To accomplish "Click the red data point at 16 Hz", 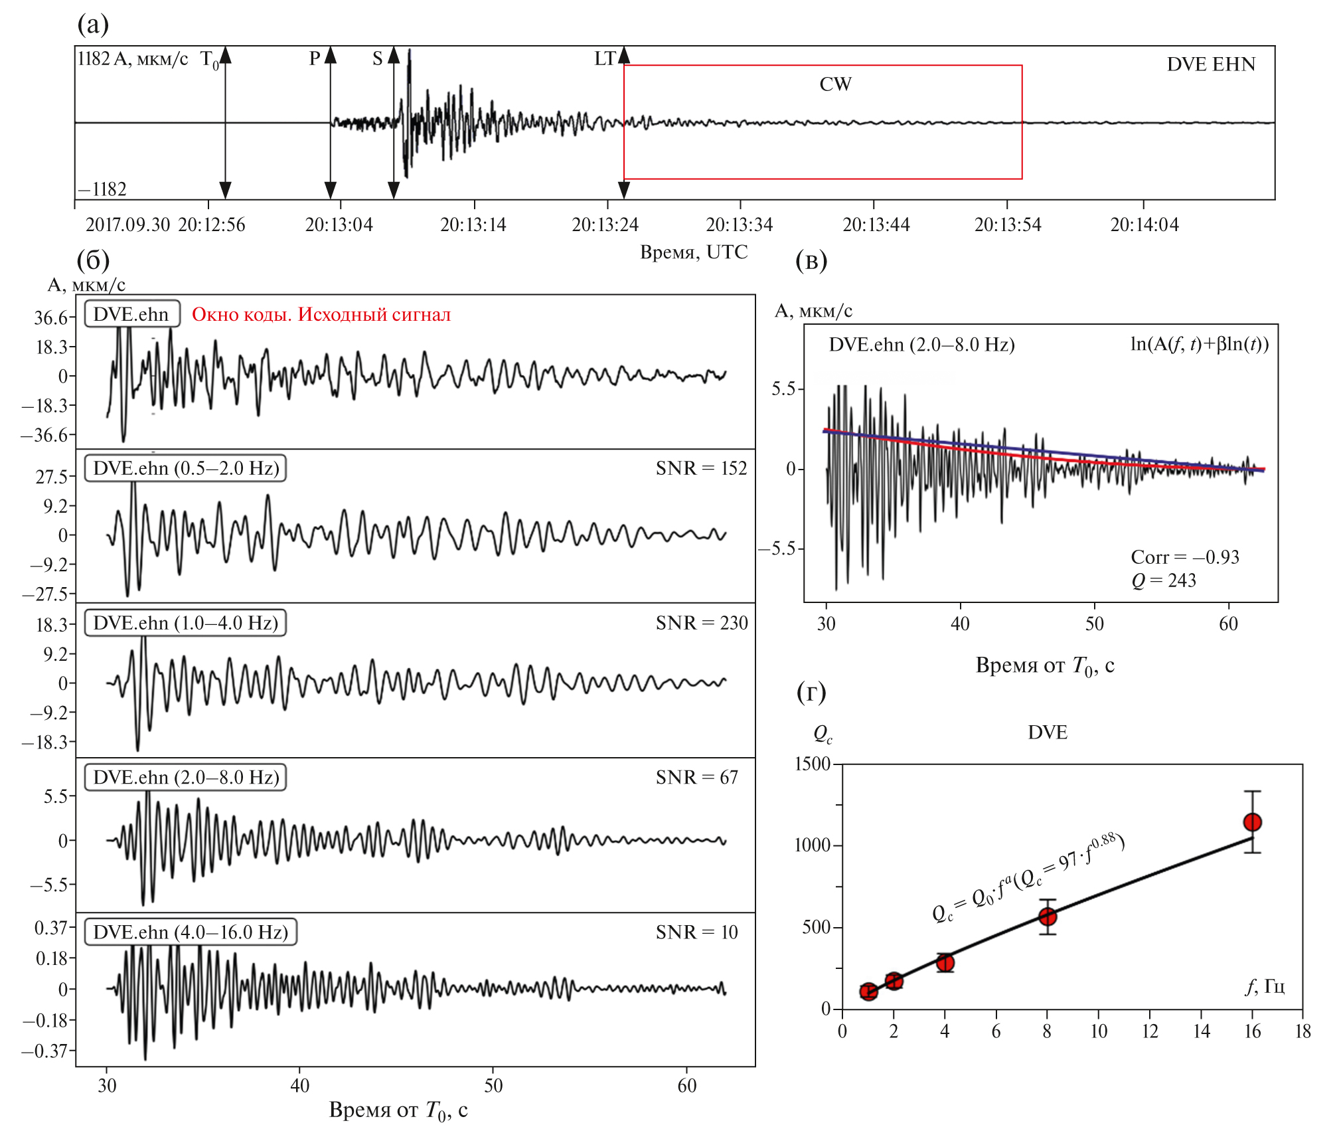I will click(1252, 822).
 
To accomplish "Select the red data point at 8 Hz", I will click(1048, 916).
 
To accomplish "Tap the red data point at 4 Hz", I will click(945, 962).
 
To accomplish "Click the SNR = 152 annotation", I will click(701, 468).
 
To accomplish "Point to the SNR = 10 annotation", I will click(696, 932).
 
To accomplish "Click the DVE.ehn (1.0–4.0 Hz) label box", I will click(186, 623).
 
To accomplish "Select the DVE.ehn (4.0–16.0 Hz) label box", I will click(191, 932).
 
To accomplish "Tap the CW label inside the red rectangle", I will click(835, 84).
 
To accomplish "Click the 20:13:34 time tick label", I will click(739, 225).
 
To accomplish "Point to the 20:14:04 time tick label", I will click(1144, 225).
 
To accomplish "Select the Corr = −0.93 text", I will click(1184, 557).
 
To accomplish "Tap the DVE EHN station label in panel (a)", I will click(1211, 64).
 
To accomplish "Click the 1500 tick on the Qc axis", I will click(813, 764).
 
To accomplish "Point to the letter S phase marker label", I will click(377, 59).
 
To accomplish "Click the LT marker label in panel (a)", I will click(605, 59).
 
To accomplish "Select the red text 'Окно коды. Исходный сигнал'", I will click(321, 314).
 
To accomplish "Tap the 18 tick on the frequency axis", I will click(1302, 1031).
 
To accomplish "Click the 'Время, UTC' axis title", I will click(693, 252).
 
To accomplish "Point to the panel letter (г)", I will click(811, 693).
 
